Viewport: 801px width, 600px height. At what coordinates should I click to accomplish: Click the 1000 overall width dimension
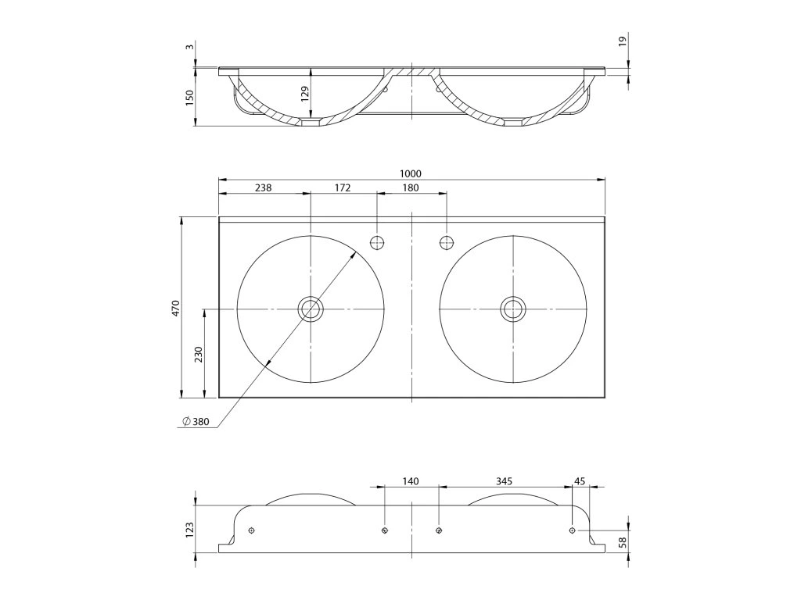click(411, 173)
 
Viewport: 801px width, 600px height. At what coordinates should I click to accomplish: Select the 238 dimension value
click(264, 187)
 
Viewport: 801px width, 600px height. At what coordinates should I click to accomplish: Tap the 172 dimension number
click(343, 187)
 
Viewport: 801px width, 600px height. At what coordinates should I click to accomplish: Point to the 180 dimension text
click(410, 187)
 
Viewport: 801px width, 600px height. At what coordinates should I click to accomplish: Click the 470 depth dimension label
click(176, 307)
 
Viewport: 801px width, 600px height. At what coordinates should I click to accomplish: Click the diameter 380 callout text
click(196, 422)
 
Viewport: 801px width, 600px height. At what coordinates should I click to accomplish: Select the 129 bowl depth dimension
click(305, 92)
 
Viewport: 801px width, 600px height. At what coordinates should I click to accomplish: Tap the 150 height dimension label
click(189, 98)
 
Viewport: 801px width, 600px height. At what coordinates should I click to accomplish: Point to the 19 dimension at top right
click(623, 41)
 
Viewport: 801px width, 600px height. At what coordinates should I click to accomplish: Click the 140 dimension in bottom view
click(411, 481)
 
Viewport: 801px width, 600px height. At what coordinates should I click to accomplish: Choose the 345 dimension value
click(505, 481)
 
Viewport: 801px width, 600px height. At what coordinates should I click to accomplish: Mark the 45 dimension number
click(580, 481)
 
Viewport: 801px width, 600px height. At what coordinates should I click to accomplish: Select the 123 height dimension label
click(189, 530)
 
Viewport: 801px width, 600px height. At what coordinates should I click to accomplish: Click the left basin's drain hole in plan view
click(311, 309)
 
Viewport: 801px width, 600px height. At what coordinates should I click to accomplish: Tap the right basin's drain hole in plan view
click(513, 309)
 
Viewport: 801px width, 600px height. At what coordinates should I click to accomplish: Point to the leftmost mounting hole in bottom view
click(250, 530)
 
